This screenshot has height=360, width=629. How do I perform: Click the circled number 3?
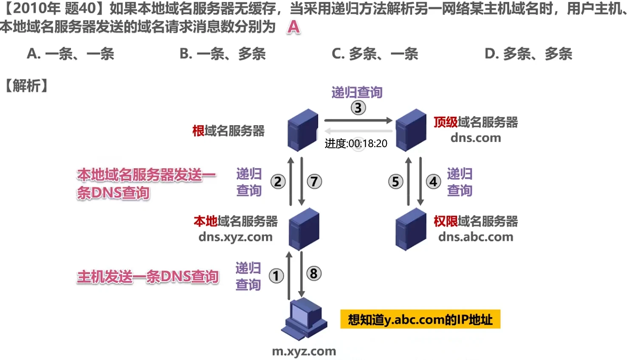click(x=358, y=108)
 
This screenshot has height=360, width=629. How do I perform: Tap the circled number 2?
click(x=278, y=182)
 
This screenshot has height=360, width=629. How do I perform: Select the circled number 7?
click(x=314, y=182)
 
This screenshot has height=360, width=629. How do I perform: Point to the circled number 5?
click(x=395, y=182)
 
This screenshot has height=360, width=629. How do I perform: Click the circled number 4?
click(x=433, y=182)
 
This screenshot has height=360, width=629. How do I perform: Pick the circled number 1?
click(x=276, y=276)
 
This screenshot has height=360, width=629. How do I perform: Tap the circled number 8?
click(x=314, y=273)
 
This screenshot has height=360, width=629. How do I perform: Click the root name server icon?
click(x=302, y=130)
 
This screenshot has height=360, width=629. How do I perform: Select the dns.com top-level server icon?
click(x=411, y=130)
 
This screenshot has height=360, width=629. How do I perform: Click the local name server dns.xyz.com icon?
click(x=304, y=229)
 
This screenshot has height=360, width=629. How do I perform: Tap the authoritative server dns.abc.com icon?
click(x=411, y=229)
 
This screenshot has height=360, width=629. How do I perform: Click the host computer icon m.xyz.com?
click(x=304, y=319)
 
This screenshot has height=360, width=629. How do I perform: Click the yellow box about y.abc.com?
click(x=420, y=319)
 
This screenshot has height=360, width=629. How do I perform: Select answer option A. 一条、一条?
click(x=71, y=54)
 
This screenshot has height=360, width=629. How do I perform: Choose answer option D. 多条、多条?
click(x=528, y=54)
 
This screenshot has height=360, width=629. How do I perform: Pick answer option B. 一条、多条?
click(x=223, y=54)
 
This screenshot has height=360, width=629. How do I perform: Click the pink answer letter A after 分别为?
click(x=293, y=28)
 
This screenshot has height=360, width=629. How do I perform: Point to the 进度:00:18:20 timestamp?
click(x=356, y=144)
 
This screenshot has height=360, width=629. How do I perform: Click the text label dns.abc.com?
click(x=476, y=237)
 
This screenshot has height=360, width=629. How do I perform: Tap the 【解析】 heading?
click(x=26, y=86)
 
